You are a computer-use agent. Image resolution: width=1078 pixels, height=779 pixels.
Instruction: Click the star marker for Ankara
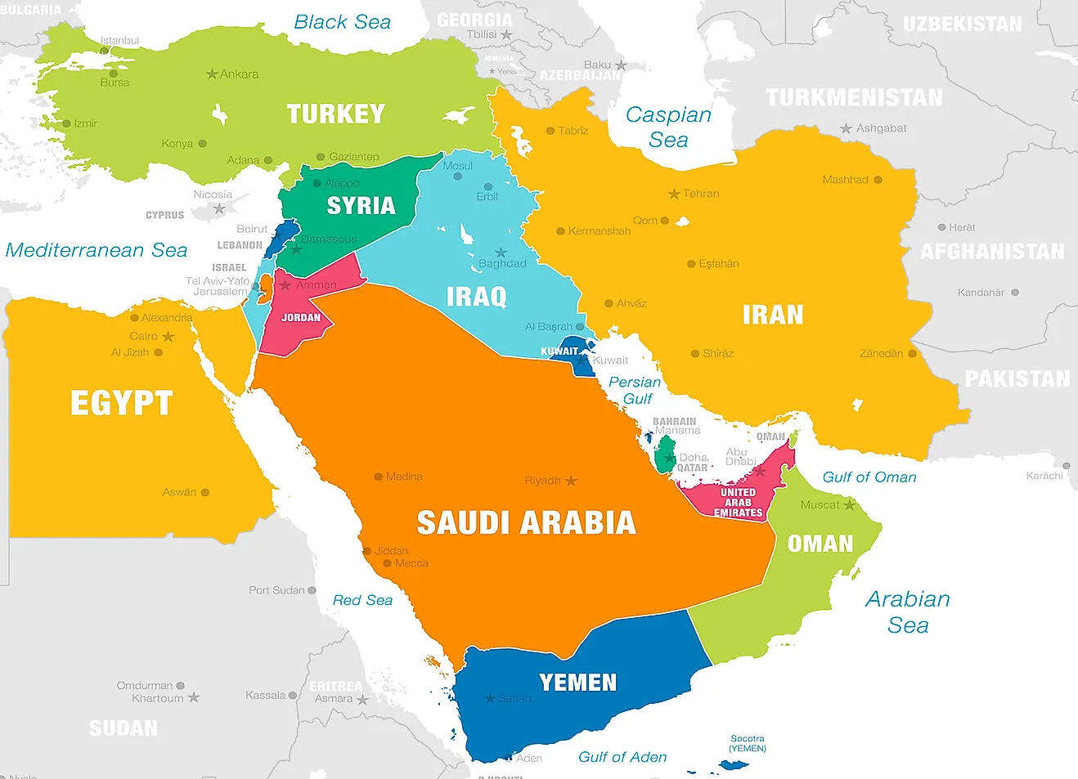point(212,74)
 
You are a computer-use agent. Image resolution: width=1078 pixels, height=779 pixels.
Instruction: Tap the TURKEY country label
point(335,114)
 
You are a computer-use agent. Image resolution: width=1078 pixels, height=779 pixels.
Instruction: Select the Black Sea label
point(342,22)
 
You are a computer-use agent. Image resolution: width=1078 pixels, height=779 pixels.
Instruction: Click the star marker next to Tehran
point(674,194)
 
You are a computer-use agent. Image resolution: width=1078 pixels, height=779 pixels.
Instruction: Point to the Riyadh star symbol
point(571,481)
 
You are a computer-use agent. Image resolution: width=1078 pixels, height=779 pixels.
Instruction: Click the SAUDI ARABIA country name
point(526,523)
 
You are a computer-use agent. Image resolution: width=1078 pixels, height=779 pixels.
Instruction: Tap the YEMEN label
point(577,682)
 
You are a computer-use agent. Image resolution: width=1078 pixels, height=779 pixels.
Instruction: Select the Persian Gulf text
point(635,390)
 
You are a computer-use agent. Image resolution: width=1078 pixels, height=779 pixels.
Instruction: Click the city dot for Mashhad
point(878,180)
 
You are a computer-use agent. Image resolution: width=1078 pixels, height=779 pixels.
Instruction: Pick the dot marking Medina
point(378,477)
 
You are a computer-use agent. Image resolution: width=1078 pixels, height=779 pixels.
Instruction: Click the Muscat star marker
point(849,504)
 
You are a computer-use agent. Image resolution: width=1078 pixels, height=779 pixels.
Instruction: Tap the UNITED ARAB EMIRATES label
point(738,503)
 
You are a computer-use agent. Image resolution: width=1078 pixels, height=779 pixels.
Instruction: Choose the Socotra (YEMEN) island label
point(748,743)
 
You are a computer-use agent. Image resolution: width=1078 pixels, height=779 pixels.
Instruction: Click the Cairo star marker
point(168,337)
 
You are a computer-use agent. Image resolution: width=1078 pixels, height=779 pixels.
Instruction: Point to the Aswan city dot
point(205,492)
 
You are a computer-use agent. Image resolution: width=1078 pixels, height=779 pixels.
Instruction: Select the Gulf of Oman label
point(869,477)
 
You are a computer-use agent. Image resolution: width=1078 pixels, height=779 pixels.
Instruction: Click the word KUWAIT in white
point(559,351)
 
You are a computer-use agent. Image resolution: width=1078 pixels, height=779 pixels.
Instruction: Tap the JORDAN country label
point(301,317)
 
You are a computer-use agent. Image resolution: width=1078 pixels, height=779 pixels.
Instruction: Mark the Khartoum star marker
point(194,698)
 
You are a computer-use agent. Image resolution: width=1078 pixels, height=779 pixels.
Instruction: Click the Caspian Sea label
point(668,128)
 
